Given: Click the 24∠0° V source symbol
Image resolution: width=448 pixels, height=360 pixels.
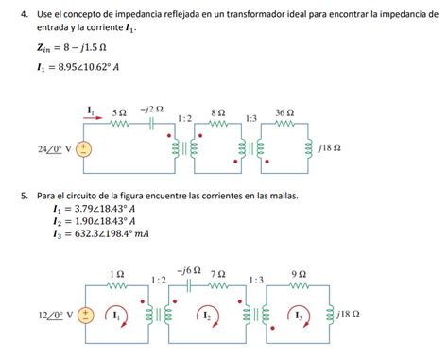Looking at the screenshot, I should click(84, 149).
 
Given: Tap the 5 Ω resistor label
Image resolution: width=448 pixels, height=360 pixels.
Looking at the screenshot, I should click(119, 111).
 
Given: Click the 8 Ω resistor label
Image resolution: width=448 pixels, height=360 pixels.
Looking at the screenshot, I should click(218, 111).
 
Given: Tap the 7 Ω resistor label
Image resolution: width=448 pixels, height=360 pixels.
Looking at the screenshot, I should click(218, 272).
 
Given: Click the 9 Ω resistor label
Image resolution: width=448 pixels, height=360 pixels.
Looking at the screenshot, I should click(299, 272).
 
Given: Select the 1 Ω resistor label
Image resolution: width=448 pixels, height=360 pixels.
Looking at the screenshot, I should click(117, 272).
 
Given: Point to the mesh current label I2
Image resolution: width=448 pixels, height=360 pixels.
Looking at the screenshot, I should click(206, 315).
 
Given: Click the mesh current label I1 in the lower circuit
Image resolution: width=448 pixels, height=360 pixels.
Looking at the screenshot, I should click(116, 315).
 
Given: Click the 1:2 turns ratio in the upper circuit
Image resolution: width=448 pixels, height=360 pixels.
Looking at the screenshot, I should click(185, 117).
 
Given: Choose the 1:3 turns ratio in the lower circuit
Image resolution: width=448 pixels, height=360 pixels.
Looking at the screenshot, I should click(255, 280).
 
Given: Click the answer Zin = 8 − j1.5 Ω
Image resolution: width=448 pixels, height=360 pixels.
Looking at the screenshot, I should click(71, 46).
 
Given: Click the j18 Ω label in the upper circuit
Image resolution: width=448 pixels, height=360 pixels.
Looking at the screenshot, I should click(331, 149).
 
